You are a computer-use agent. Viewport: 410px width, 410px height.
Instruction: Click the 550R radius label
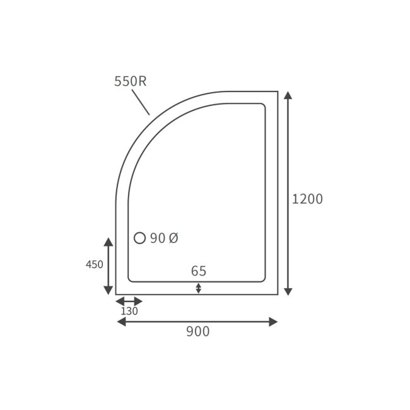130,81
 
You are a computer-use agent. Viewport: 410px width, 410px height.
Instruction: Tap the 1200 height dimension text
307,199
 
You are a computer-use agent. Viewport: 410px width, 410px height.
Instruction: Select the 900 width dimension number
197,332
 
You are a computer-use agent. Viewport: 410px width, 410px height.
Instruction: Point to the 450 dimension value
95,265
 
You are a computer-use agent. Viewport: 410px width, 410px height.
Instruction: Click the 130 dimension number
129,311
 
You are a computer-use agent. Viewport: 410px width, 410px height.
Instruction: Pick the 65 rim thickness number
199,271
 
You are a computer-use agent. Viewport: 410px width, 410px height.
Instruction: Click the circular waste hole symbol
140,238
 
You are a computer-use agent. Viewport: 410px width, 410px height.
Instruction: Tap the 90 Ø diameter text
165,238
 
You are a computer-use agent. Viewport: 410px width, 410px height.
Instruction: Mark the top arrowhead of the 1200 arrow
288,96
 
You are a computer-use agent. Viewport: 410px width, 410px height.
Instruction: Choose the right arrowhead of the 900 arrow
273,322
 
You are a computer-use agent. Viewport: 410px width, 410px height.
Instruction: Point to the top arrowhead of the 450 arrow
108,242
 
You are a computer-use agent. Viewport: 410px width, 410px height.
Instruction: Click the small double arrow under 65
199,288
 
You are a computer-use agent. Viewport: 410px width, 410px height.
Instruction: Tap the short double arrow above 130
129,301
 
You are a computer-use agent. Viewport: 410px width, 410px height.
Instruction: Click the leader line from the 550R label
140,102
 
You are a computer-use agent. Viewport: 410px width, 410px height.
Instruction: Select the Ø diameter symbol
173,238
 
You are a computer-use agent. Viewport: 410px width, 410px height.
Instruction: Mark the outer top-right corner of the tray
278,91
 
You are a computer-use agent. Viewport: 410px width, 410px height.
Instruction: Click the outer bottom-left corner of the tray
116,294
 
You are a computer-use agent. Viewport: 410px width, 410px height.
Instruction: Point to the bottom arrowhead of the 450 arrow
108,290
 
